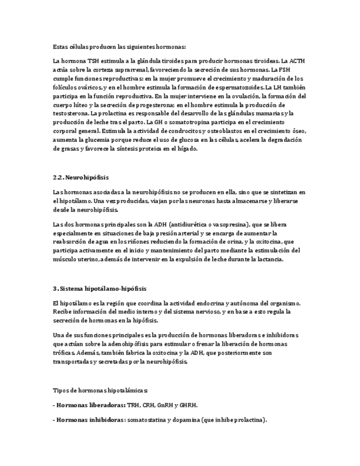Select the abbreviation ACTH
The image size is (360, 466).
coord(297,62)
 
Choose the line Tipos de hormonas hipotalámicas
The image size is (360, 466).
coord(101,391)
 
